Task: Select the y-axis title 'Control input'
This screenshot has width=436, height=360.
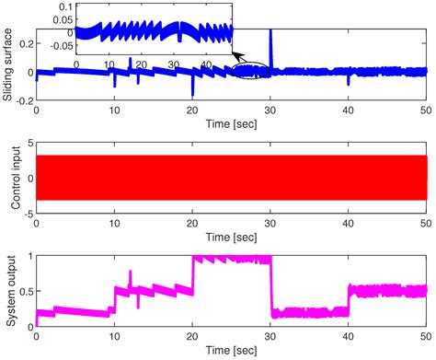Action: pyautogui.click(x=8, y=178)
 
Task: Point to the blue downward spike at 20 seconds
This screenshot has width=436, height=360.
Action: pyautogui.click(x=192, y=87)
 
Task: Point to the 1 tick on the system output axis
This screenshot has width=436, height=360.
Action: pyautogui.click(x=29, y=257)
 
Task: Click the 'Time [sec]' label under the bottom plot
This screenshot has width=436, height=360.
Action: pyautogui.click(x=231, y=353)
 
